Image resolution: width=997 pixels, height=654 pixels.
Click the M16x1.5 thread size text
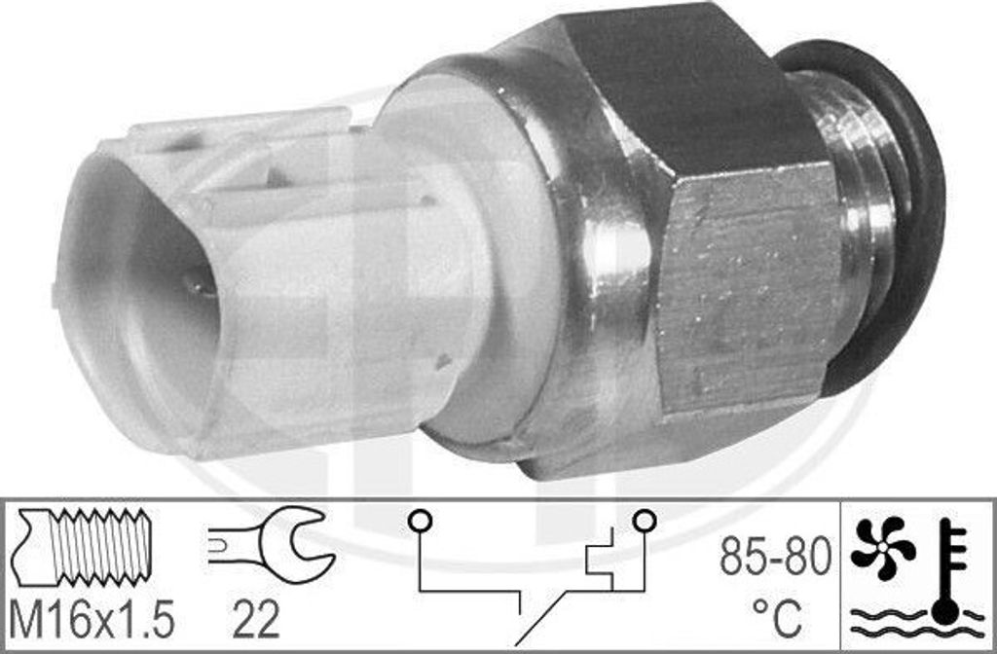(92, 620)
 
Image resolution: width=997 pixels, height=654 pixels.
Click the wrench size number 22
(256, 620)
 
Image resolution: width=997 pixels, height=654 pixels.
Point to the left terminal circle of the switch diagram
(420, 521)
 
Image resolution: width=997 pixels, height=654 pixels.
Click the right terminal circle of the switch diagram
(645, 521)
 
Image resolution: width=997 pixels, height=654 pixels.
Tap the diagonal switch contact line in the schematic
(539, 618)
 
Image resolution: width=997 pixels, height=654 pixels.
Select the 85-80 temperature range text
(775, 556)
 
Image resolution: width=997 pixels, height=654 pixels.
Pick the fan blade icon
(882, 548)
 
